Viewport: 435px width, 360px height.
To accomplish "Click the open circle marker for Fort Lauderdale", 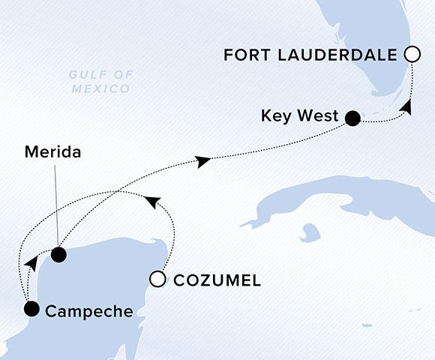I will (411, 54).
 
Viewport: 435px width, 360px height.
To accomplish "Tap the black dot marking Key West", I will (352, 118).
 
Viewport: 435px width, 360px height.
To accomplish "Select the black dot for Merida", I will (58, 255).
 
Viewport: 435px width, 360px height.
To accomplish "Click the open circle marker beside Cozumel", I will (157, 280).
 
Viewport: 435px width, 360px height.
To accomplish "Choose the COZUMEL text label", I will (217, 280).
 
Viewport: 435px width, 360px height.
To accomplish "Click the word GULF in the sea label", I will (85, 74).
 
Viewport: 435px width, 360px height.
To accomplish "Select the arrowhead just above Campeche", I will (31, 263).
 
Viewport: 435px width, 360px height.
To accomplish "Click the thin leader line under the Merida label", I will (57, 202).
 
